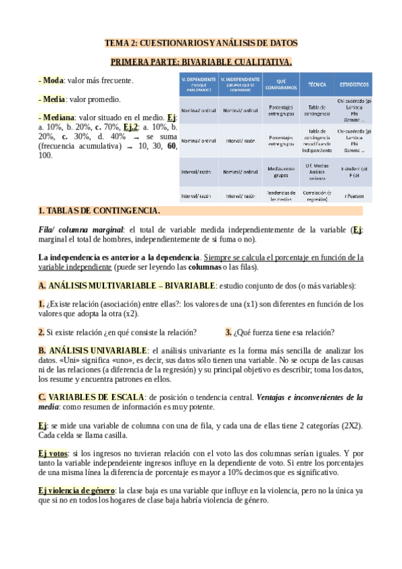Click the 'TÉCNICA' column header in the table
coord(317,85)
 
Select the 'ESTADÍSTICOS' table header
coord(354,85)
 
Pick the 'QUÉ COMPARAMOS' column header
coord(281,85)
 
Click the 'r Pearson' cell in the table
coord(354,195)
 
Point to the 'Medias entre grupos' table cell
coord(281,171)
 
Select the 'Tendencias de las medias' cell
coord(281,195)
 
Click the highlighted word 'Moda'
coord(52,81)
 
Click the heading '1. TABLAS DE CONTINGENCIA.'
coord(99,211)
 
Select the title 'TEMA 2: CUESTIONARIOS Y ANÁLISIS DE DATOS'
coord(201,43)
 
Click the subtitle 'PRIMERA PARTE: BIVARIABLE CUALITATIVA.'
coord(201,62)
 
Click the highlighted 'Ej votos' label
coord(53,454)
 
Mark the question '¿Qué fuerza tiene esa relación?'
coord(283,332)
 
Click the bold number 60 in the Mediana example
coord(172,146)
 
